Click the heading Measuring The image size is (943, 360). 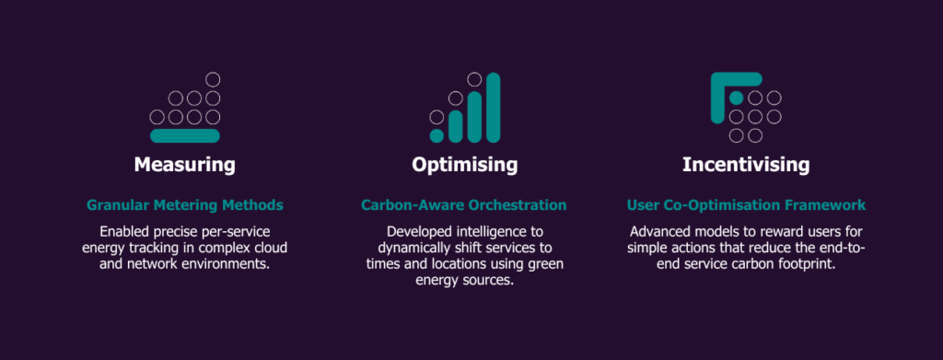pyautogui.click(x=184, y=165)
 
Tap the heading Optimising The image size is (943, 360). pyautogui.click(x=464, y=165)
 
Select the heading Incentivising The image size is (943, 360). pyautogui.click(x=746, y=165)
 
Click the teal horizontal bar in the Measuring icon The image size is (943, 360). pyautogui.click(x=184, y=136)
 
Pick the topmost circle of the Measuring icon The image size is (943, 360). pyautogui.click(x=213, y=79)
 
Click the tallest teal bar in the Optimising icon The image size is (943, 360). pyautogui.click(x=494, y=108)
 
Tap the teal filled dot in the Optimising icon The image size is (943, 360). pyautogui.click(x=437, y=136)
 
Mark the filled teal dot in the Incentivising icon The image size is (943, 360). pyautogui.click(x=736, y=98)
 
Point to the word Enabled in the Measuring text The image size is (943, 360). pyautogui.click(x=121, y=232)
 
